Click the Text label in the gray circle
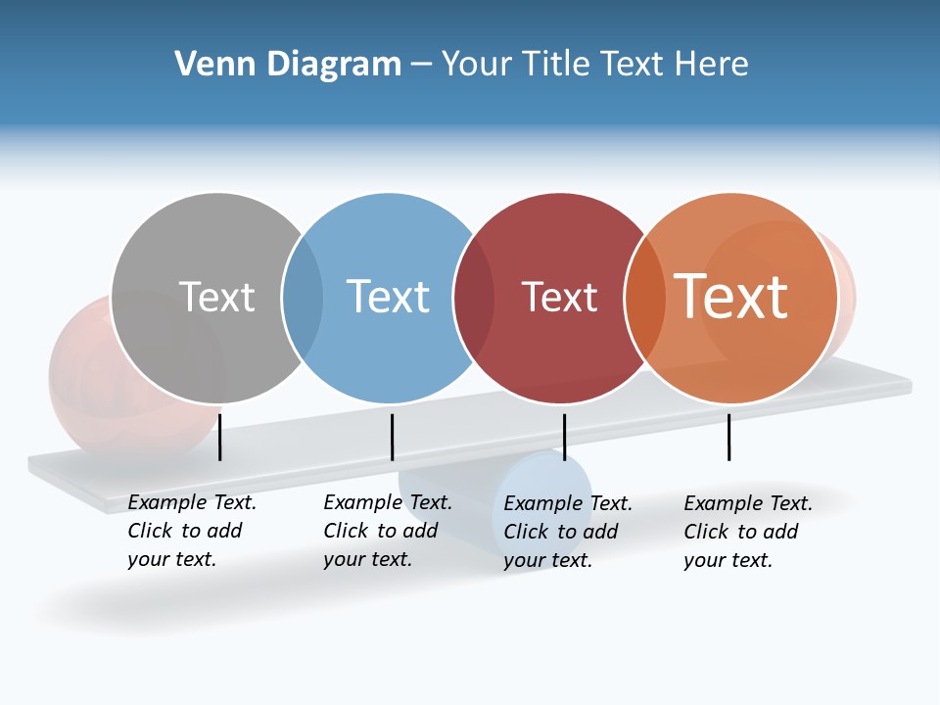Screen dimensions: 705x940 (216, 297)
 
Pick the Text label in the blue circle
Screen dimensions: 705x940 (388, 297)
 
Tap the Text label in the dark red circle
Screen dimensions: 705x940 (559, 297)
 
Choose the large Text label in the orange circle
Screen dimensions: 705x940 (731, 297)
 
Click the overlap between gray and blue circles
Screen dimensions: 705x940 (303, 297)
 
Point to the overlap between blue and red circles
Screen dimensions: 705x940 (474, 297)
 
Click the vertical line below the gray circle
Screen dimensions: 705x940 (220, 437)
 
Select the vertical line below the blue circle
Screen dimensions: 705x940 (392, 437)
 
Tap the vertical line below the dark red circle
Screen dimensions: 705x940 (564, 437)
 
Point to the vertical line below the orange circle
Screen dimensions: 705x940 (728, 437)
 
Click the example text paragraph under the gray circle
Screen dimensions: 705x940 (191, 531)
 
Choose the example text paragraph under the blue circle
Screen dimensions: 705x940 (387, 531)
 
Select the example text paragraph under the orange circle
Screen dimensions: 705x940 (747, 532)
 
